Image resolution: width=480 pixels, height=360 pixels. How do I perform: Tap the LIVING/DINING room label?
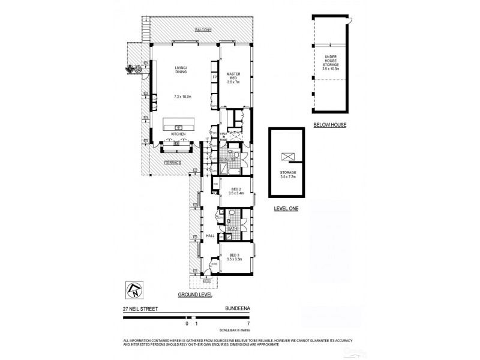pyautogui.click(x=181, y=70)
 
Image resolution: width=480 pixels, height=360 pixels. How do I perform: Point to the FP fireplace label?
pyautogui.click(x=214, y=78)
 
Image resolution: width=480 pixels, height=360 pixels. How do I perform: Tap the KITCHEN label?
pyautogui.click(x=178, y=133)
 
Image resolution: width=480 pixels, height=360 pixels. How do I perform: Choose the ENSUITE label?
pyautogui.click(x=227, y=160)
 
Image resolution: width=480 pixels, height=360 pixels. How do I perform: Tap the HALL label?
pyautogui.click(x=210, y=236)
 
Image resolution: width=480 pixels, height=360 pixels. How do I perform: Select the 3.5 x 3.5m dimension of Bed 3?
pyautogui.click(x=235, y=260)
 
